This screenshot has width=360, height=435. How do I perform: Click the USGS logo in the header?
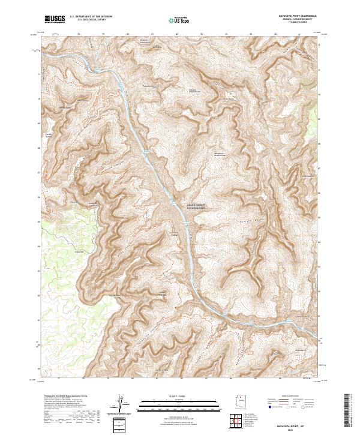click(55, 20)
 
